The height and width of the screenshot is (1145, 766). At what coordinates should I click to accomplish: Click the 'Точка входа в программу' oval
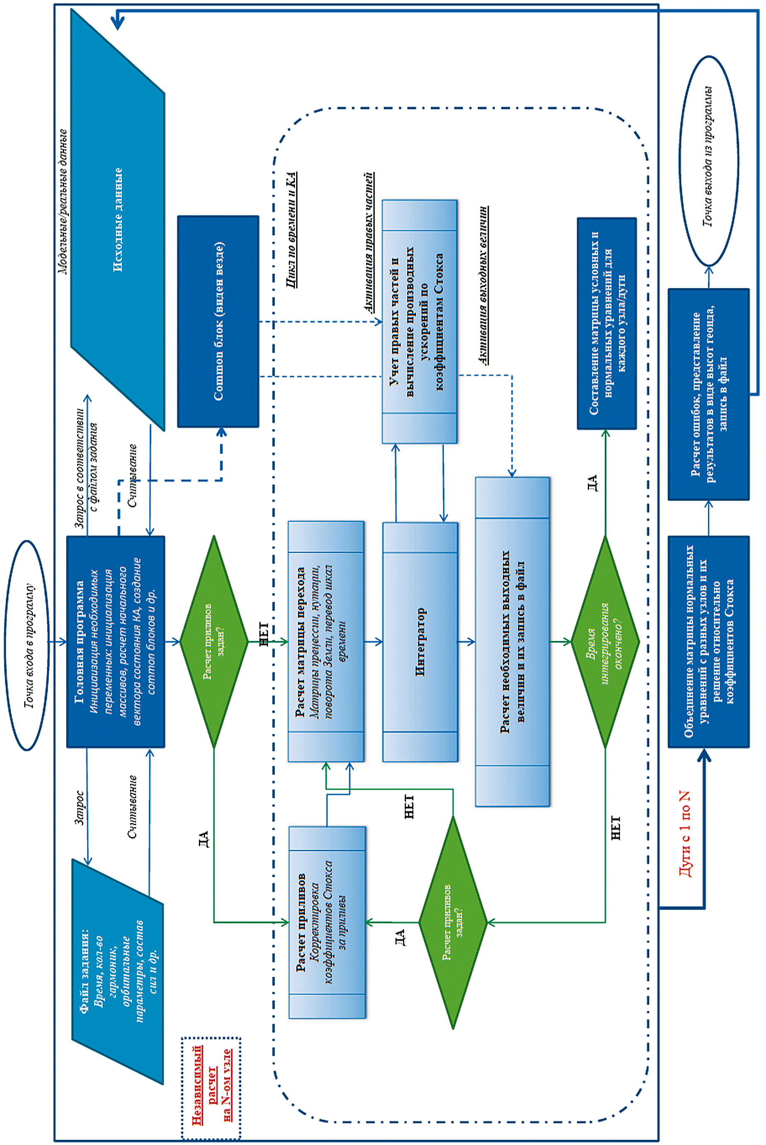point(27,645)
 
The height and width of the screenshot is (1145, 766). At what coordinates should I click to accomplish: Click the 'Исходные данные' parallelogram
point(118,220)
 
